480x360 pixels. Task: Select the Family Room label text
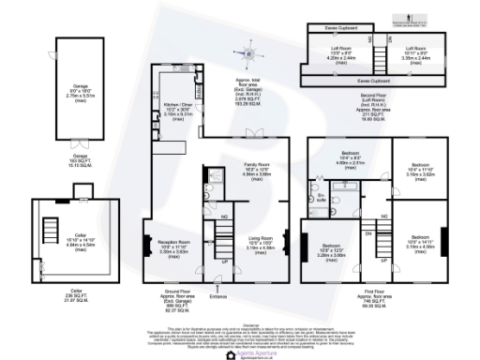click(257, 170)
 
